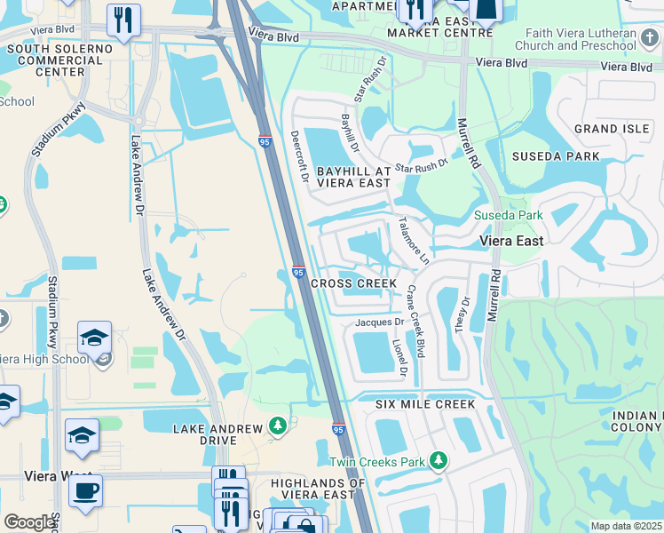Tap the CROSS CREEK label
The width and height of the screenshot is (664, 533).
(x=354, y=283)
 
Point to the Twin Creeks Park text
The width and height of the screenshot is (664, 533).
(x=377, y=462)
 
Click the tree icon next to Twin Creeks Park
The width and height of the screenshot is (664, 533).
(x=438, y=460)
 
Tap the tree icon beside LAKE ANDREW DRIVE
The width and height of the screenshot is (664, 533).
(x=278, y=427)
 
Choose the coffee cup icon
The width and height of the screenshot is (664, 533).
(x=85, y=490)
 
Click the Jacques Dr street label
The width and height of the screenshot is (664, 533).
(x=380, y=322)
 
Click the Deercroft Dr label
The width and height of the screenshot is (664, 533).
(x=297, y=157)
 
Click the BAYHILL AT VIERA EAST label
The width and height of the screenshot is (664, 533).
(x=352, y=176)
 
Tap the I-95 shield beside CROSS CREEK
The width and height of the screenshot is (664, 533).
(x=298, y=274)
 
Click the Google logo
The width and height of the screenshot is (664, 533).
(x=29, y=522)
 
